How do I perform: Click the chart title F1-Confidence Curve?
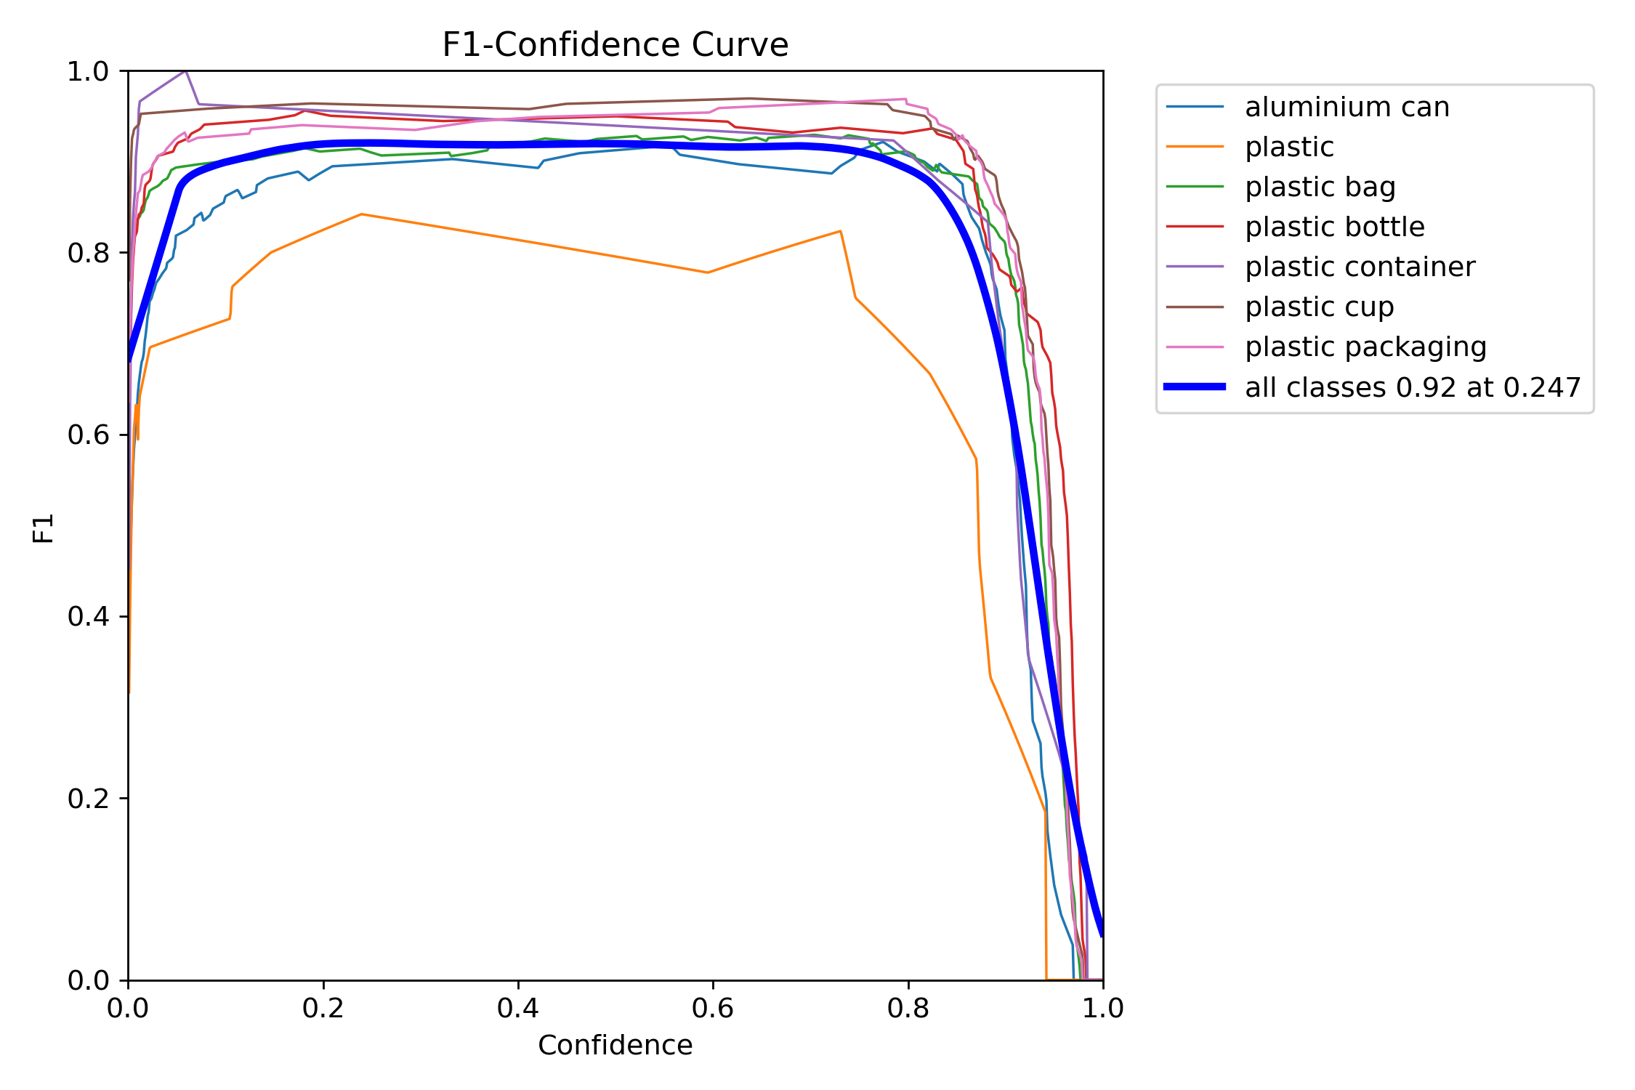tap(615, 45)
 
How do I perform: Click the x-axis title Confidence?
tap(615, 1045)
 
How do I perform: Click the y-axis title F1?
tap(44, 528)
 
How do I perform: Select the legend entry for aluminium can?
tap(1347, 107)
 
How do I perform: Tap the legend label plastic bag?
tap(1320, 187)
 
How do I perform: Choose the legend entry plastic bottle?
tap(1334, 227)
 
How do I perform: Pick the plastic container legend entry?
tap(1360, 267)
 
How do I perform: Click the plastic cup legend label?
tap(1319, 307)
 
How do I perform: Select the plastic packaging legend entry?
tap(1365, 347)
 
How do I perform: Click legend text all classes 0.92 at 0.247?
tap(1413, 387)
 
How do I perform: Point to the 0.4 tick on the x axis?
tap(518, 1008)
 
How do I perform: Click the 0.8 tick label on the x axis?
tap(908, 1008)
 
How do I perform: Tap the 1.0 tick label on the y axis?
tap(87, 71)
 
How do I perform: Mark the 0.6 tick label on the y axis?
tap(87, 435)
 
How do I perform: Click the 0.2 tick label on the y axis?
tap(87, 798)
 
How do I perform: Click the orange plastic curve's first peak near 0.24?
tap(362, 214)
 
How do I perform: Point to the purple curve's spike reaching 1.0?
tap(186, 71)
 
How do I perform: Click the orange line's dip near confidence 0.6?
tap(707, 272)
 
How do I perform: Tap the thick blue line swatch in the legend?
tap(1195, 387)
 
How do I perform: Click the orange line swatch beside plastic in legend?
tap(1195, 147)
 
